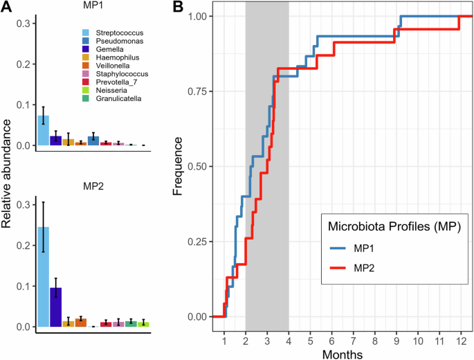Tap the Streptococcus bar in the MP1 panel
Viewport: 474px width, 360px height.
tap(43, 131)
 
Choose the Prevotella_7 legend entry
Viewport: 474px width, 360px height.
tap(111, 82)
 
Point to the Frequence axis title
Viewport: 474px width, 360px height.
tap(178, 166)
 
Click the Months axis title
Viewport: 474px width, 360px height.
tap(342, 354)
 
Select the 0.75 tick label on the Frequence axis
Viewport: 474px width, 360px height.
tap(197, 91)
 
